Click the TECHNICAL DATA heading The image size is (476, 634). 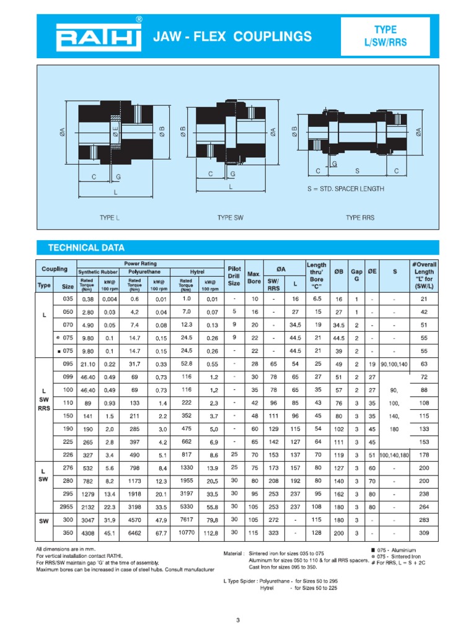[87, 248]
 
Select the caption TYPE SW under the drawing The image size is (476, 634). [233, 218]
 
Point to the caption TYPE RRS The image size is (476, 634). [361, 218]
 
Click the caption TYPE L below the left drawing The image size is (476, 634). [109, 218]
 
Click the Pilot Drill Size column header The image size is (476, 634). [234, 276]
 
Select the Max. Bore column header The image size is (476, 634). [254, 276]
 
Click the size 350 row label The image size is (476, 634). [68, 532]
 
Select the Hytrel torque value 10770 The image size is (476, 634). [187, 532]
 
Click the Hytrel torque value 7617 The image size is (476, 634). [187, 519]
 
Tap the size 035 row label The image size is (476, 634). [68, 298]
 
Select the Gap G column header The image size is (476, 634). [357, 276]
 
